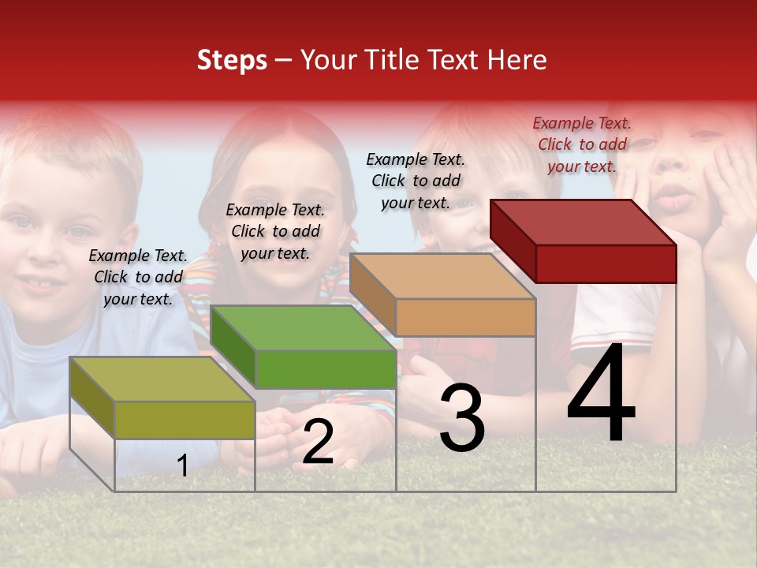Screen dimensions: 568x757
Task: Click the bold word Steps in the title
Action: coord(232,60)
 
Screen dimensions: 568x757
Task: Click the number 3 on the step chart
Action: coord(462,417)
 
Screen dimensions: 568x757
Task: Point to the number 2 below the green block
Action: coord(318,442)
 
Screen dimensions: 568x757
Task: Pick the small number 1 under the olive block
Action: coord(183,465)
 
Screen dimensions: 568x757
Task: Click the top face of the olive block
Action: coord(162,379)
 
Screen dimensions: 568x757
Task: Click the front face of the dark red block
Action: coord(606,263)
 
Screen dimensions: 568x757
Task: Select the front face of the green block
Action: coord(325,369)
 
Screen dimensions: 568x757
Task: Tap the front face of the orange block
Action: coord(465,317)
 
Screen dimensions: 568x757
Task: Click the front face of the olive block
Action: coord(185,420)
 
